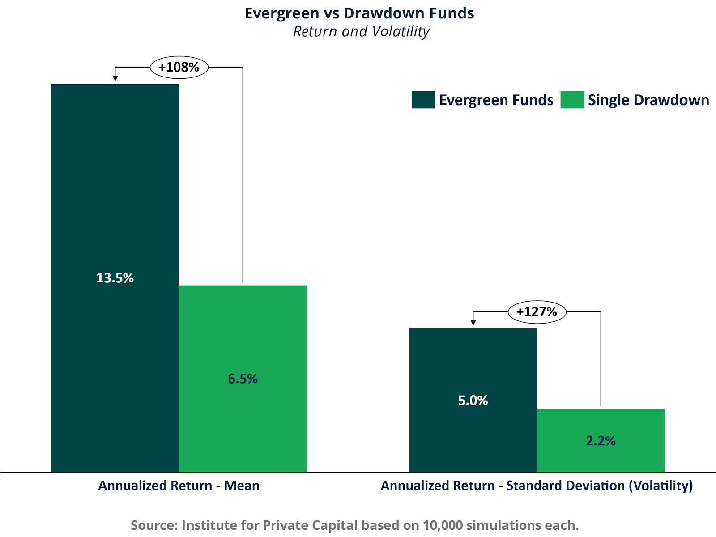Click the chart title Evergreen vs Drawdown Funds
(x=359, y=13)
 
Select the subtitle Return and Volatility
(x=361, y=32)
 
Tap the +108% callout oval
(x=179, y=68)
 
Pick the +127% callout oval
(x=537, y=311)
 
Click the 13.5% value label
(x=115, y=278)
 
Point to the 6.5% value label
(x=243, y=379)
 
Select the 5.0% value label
(x=473, y=401)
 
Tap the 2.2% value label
(x=601, y=441)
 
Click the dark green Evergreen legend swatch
(x=423, y=100)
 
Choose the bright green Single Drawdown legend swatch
(x=572, y=100)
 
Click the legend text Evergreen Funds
(x=496, y=100)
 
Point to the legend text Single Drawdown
(x=648, y=100)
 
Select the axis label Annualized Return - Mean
(x=179, y=486)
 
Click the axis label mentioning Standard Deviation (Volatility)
(x=537, y=486)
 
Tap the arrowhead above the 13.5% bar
(x=115, y=78)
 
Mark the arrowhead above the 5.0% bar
(x=473, y=323)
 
